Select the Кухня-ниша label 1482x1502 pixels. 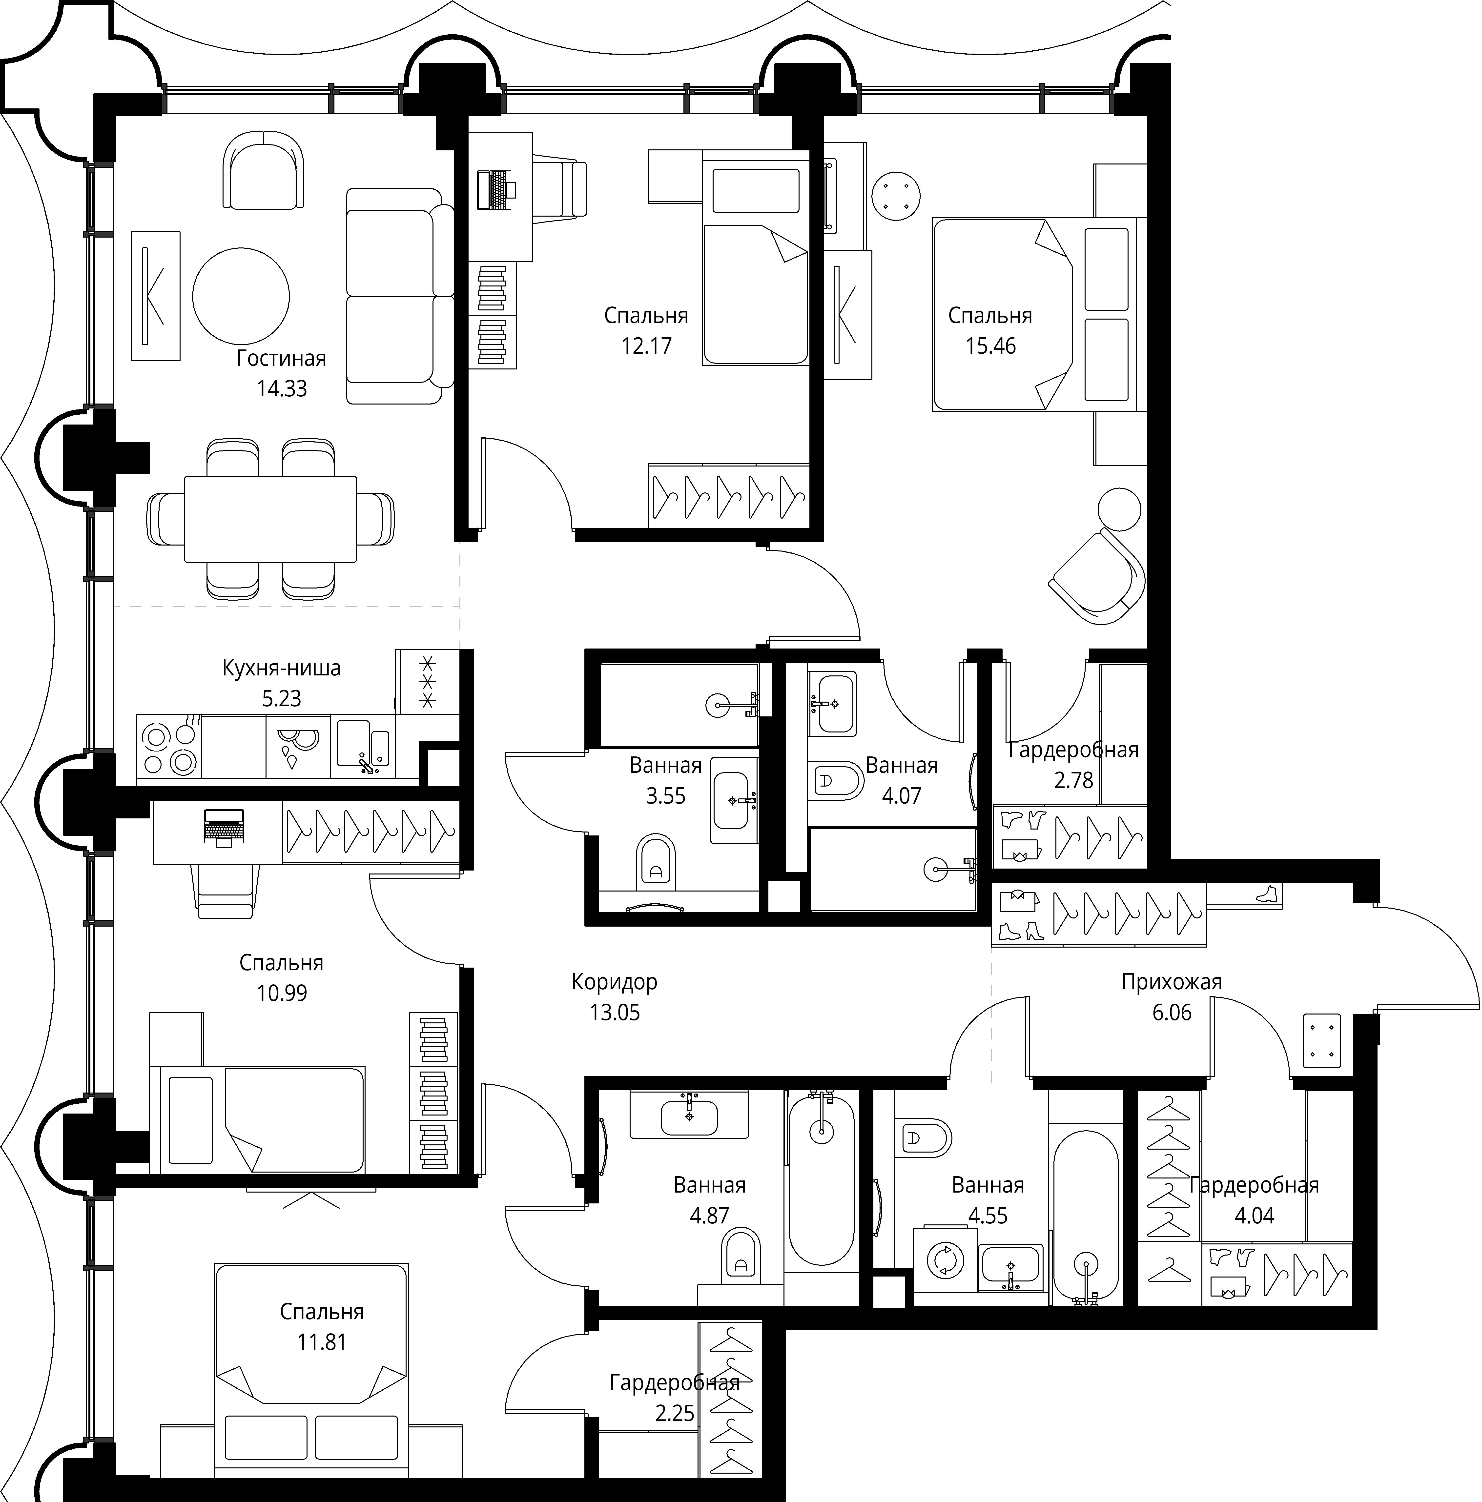(x=282, y=668)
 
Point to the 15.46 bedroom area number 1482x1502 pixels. (x=990, y=346)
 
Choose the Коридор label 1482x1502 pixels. (x=614, y=982)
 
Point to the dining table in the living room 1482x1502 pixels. (x=270, y=519)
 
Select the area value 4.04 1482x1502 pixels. (x=1254, y=1215)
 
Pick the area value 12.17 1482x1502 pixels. (x=646, y=346)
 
